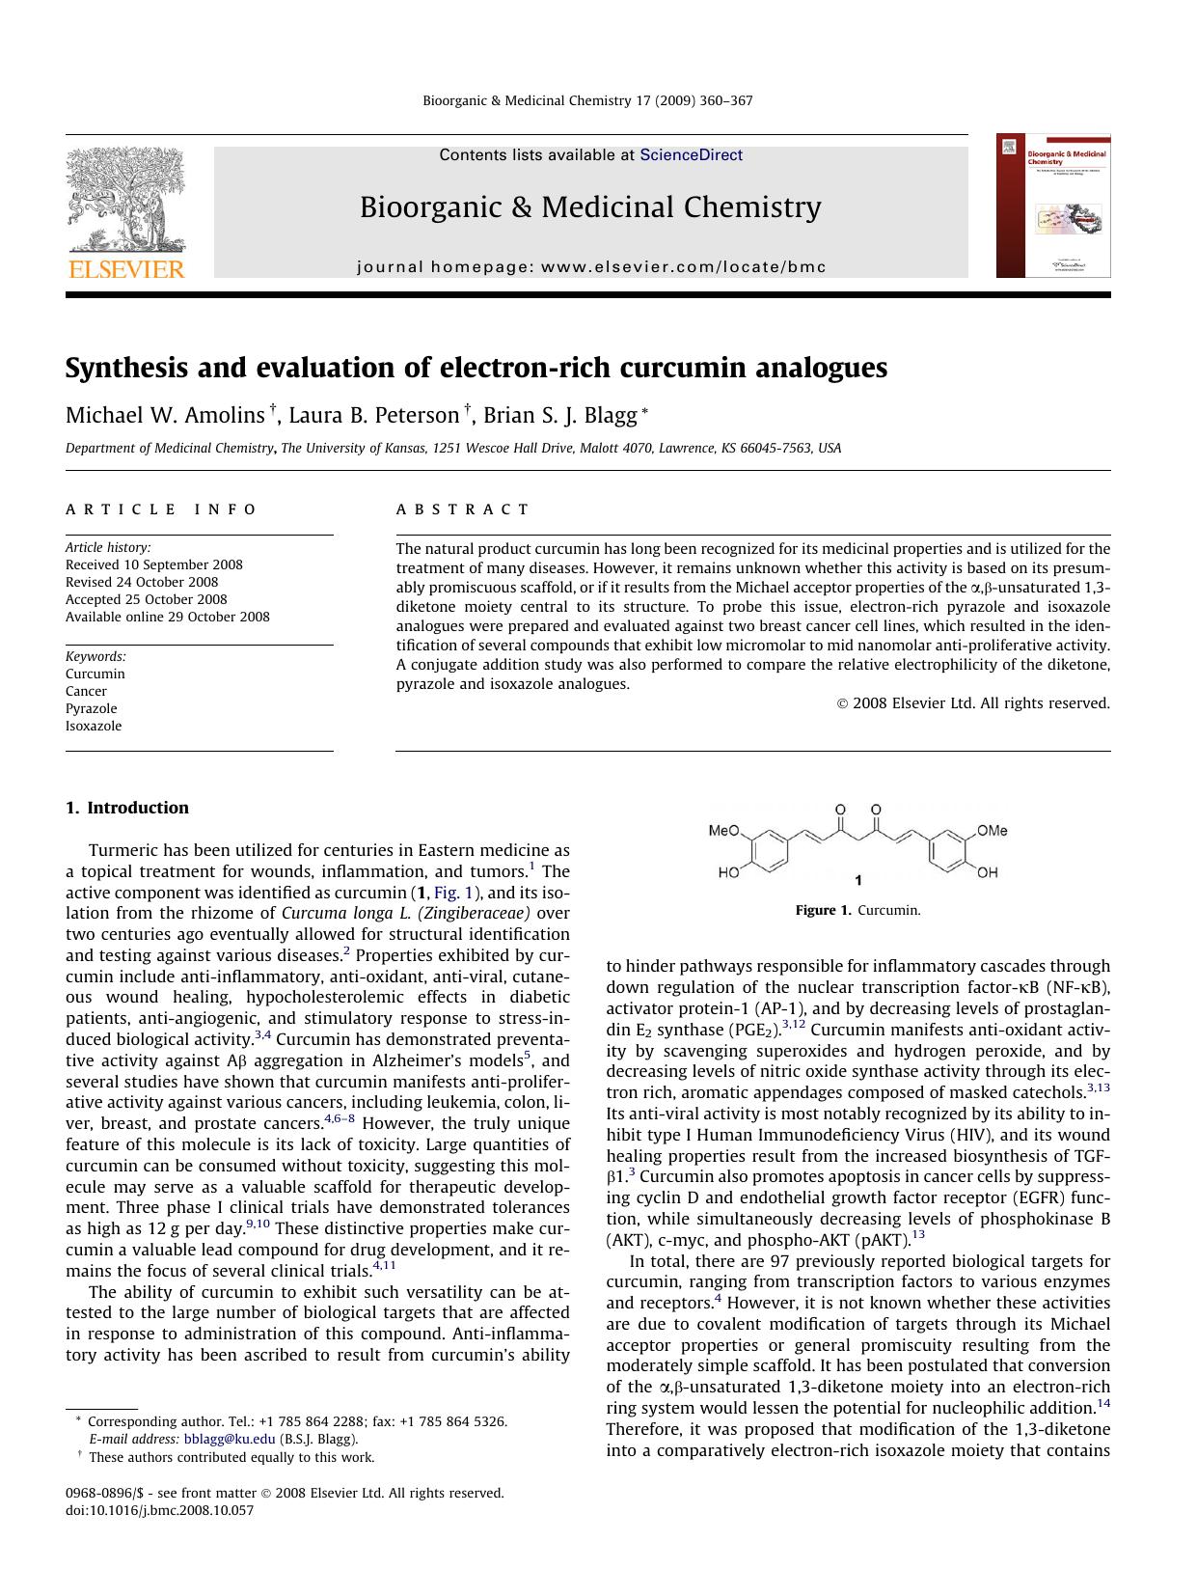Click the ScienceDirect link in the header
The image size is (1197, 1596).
pos(691,155)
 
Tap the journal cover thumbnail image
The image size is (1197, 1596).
pos(1053,206)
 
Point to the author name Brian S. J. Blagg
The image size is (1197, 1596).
pos(559,416)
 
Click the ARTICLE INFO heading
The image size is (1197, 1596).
pos(161,509)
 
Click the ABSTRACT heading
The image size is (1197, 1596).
pos(463,509)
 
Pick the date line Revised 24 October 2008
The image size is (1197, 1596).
pos(142,582)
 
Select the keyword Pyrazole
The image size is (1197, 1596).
pos(92,708)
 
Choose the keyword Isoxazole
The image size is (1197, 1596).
pos(94,726)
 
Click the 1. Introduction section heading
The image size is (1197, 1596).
pos(127,809)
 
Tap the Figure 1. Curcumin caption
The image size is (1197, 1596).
pos(857,910)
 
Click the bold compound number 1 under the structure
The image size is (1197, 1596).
pos(858,880)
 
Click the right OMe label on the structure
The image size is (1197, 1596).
pos(992,831)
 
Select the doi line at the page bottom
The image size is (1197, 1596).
pos(159,1510)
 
